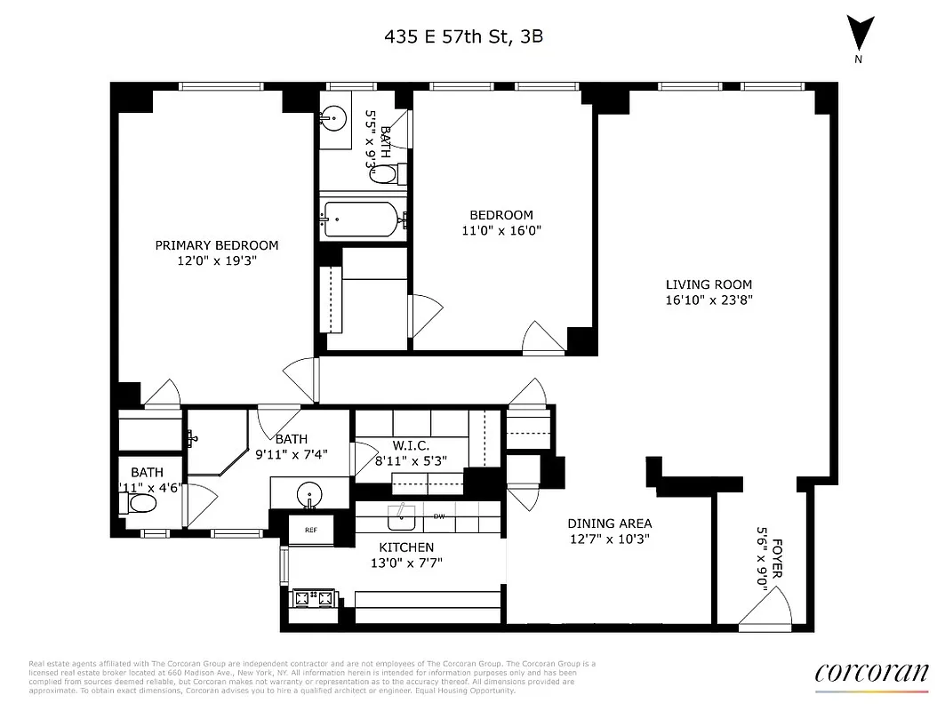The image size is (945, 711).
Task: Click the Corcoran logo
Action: pyautogui.click(x=870, y=673)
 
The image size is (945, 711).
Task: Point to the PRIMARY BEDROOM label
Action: pyautogui.click(x=216, y=245)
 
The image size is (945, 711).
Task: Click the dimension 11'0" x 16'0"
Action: pyautogui.click(x=501, y=230)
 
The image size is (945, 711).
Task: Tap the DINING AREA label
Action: pyautogui.click(x=610, y=523)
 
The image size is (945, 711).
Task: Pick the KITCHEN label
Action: pyautogui.click(x=407, y=547)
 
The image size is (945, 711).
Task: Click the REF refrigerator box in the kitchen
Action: pyautogui.click(x=310, y=529)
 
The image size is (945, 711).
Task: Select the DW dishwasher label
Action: pyautogui.click(x=439, y=515)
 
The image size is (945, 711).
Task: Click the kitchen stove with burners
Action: pyautogui.click(x=312, y=598)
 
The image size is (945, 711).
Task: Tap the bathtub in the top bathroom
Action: pyautogui.click(x=363, y=217)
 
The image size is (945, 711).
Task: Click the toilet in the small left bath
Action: pyautogui.click(x=140, y=504)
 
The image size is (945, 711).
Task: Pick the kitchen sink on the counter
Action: pyautogui.click(x=402, y=510)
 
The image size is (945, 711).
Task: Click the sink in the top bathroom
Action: pyautogui.click(x=336, y=116)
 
